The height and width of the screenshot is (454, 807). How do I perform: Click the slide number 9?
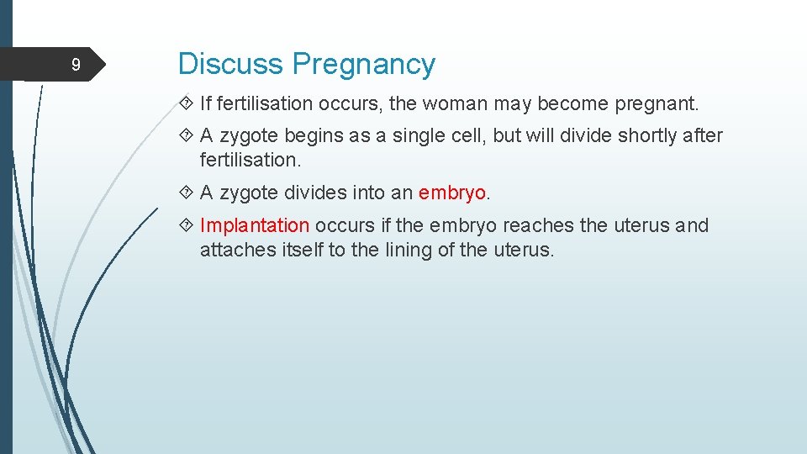point(76,65)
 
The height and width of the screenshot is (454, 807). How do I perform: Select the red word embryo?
point(452,193)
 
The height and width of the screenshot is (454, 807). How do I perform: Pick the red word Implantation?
point(255,225)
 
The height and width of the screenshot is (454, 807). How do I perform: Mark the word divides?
point(315,193)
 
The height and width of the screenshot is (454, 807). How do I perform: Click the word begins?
point(314,136)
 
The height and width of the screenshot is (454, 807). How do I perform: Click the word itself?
point(302,250)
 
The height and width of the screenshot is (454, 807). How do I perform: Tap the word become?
point(573,103)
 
